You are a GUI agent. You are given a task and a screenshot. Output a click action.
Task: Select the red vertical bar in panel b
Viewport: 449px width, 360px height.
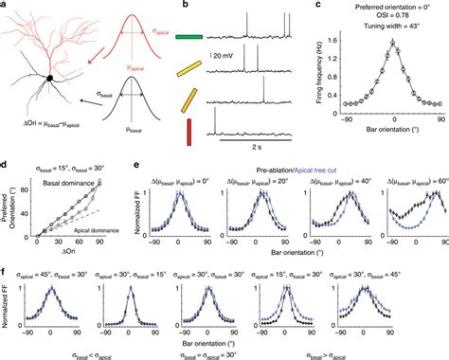tap(189, 130)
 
